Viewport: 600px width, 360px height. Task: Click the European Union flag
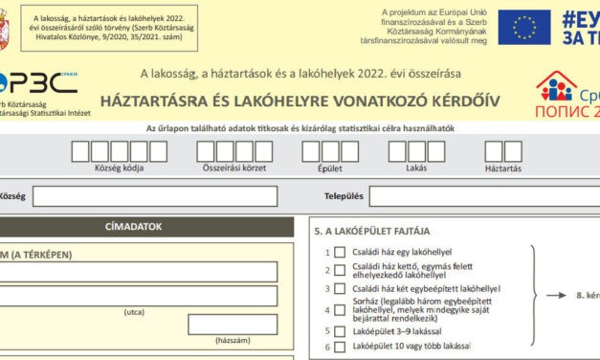(x=523, y=27)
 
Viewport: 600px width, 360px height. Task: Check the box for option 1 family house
(x=340, y=252)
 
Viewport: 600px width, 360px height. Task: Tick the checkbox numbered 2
(x=340, y=270)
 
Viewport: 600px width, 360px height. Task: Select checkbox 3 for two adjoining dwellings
(x=340, y=288)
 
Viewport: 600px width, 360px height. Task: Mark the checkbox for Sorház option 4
(x=340, y=309)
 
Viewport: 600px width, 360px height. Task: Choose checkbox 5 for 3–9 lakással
(x=340, y=330)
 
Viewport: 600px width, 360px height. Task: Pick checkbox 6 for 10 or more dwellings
(x=340, y=346)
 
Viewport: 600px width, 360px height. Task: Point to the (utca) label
(x=134, y=312)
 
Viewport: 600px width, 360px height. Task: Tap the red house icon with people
(x=554, y=87)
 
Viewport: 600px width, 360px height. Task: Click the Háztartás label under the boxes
(x=502, y=169)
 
